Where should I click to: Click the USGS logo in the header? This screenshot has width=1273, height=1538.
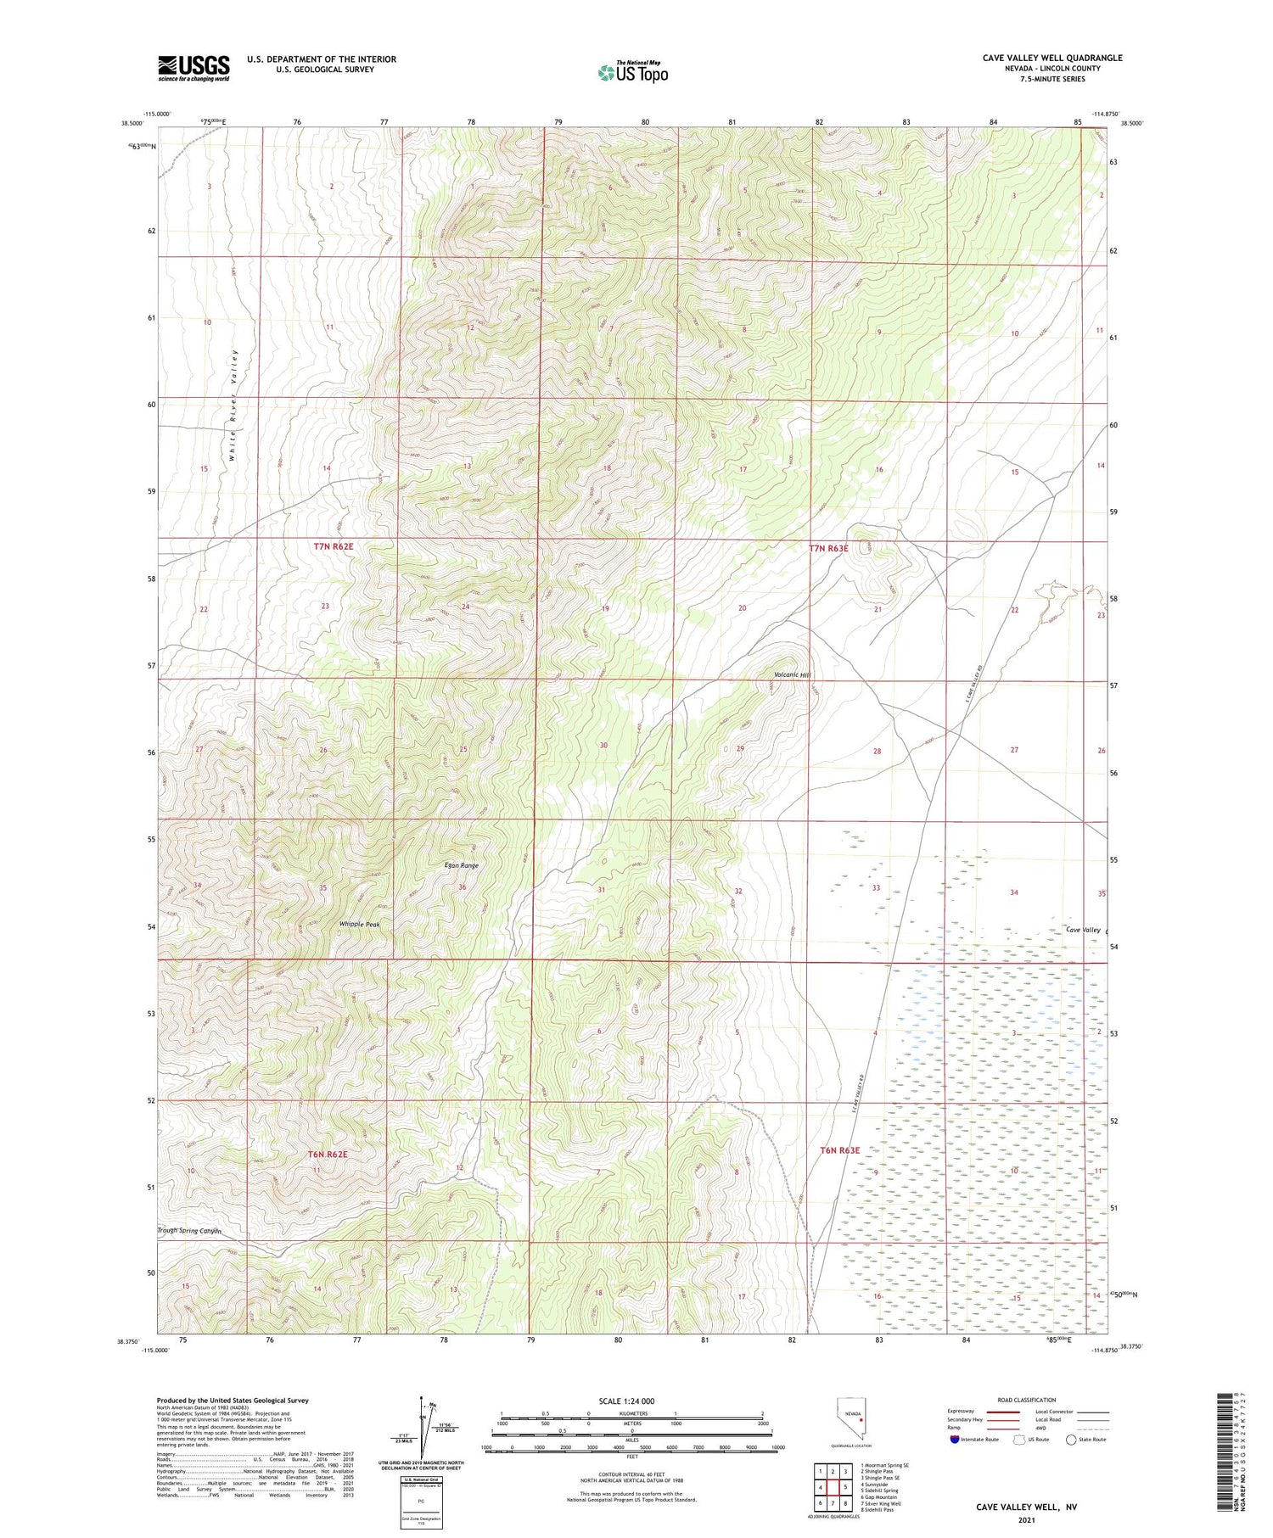193,68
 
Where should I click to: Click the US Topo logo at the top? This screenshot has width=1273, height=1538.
633,72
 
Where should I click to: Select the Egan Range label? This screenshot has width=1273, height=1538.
462,865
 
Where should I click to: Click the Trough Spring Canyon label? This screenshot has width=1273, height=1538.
189,1231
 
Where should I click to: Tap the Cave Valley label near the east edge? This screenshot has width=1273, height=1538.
1083,930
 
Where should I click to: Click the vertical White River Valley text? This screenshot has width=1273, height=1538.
233,405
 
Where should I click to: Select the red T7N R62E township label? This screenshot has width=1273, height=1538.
334,547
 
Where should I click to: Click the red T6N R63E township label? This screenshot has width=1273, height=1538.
840,1150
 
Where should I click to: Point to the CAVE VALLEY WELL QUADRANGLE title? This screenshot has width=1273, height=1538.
1051,58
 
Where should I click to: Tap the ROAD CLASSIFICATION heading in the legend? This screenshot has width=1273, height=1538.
1027,1400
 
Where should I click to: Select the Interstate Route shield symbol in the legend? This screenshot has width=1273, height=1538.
955,1439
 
